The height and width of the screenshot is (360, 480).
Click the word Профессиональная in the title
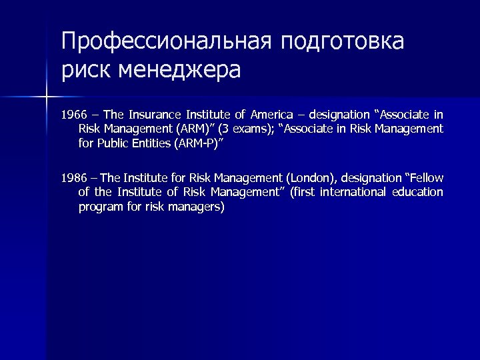[167, 42]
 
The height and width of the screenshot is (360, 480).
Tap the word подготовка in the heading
[343, 42]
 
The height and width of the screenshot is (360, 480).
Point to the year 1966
[73, 115]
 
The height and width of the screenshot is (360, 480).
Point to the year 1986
[73, 178]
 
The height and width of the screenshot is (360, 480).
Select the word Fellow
[423, 178]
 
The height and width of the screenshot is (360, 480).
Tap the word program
[99, 206]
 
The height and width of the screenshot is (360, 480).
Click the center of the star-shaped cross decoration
[46, 98]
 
